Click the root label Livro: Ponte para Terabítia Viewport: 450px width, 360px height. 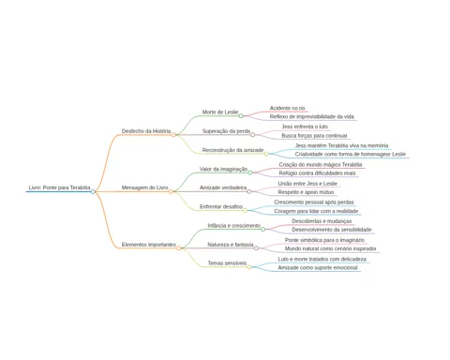[59, 187]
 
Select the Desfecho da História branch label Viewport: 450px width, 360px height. [146, 131]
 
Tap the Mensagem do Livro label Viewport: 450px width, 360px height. [144, 187]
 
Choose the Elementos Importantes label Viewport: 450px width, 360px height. [149, 245]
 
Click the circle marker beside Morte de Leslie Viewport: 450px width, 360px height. [241, 116]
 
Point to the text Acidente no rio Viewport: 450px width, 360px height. [288, 108]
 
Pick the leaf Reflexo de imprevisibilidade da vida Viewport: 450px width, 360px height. [312, 117]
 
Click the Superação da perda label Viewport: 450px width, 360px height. [226, 131]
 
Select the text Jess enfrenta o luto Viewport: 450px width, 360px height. [305, 127]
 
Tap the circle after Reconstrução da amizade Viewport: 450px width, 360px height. [266, 154]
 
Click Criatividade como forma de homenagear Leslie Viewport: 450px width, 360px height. [351, 155]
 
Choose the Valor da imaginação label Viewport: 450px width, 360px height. [223, 169]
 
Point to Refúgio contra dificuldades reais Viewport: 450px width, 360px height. [317, 173]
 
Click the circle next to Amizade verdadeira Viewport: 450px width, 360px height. [249, 191]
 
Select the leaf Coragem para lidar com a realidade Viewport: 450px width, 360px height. [316, 211]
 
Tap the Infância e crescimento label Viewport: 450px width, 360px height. [234, 226]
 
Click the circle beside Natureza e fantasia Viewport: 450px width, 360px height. [256, 248]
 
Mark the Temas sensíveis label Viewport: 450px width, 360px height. [227, 263]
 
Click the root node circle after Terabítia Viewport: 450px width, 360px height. [93, 191]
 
